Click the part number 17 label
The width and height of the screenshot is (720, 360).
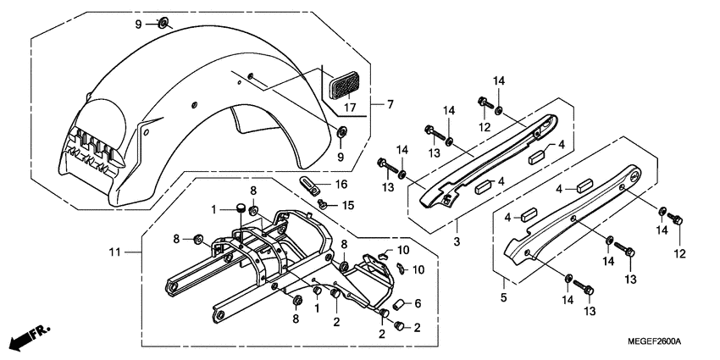click(x=349, y=108)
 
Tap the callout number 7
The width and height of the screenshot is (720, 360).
click(x=390, y=105)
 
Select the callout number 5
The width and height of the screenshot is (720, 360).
click(x=504, y=297)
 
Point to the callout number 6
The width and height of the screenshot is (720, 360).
click(x=417, y=305)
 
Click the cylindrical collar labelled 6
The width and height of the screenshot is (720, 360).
click(x=396, y=305)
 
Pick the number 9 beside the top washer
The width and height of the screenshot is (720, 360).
click(x=139, y=24)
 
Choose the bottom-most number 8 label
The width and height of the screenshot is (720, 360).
click(x=296, y=319)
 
